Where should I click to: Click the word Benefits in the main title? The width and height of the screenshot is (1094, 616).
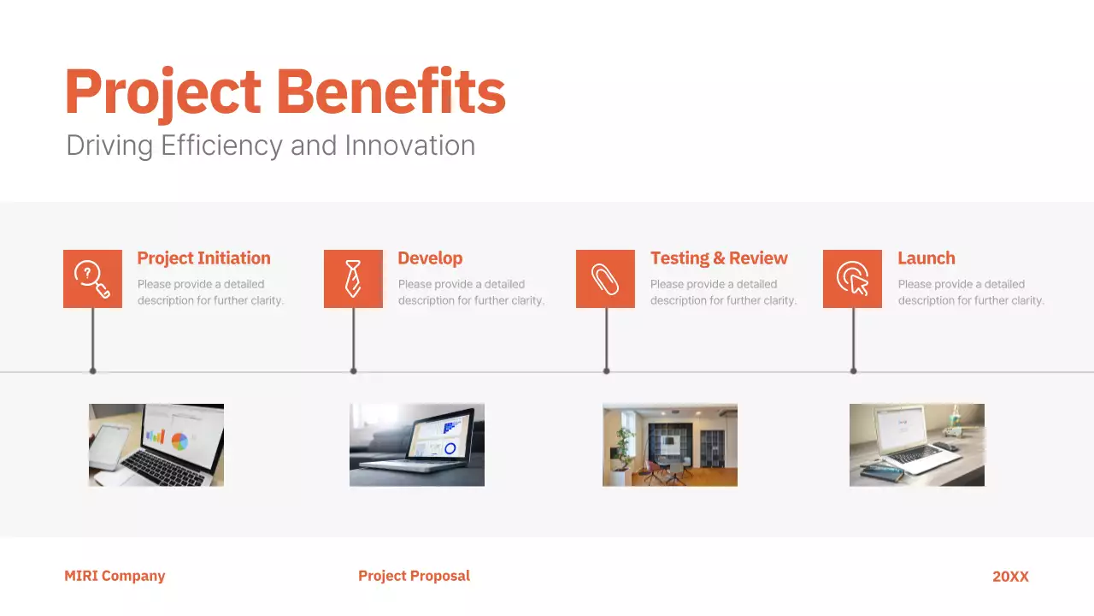391,92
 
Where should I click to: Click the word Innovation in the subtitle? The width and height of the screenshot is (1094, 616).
409,145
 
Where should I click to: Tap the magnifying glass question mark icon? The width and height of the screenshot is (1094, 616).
92,279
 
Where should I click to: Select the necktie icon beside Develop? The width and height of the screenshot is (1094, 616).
353,279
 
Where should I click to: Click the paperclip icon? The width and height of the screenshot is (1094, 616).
605,279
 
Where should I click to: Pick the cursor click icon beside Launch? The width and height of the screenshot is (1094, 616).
852,279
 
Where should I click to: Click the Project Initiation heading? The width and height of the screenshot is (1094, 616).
203,258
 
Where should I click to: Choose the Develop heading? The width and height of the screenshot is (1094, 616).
430,258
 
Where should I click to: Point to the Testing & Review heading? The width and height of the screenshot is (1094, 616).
719,258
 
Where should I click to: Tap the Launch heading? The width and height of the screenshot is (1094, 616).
926,258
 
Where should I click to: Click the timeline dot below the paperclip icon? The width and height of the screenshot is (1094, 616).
606,371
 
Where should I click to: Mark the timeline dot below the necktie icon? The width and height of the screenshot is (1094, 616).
353,371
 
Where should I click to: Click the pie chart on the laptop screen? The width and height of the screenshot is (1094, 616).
179,441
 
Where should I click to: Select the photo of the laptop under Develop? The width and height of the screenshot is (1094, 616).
417,445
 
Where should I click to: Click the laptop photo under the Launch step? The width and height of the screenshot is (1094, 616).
916,445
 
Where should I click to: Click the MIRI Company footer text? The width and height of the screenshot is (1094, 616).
115,577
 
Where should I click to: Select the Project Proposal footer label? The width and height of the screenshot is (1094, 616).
414,577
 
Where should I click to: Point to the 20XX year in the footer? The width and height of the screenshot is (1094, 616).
1010,577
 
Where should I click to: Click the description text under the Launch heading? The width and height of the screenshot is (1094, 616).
970,293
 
